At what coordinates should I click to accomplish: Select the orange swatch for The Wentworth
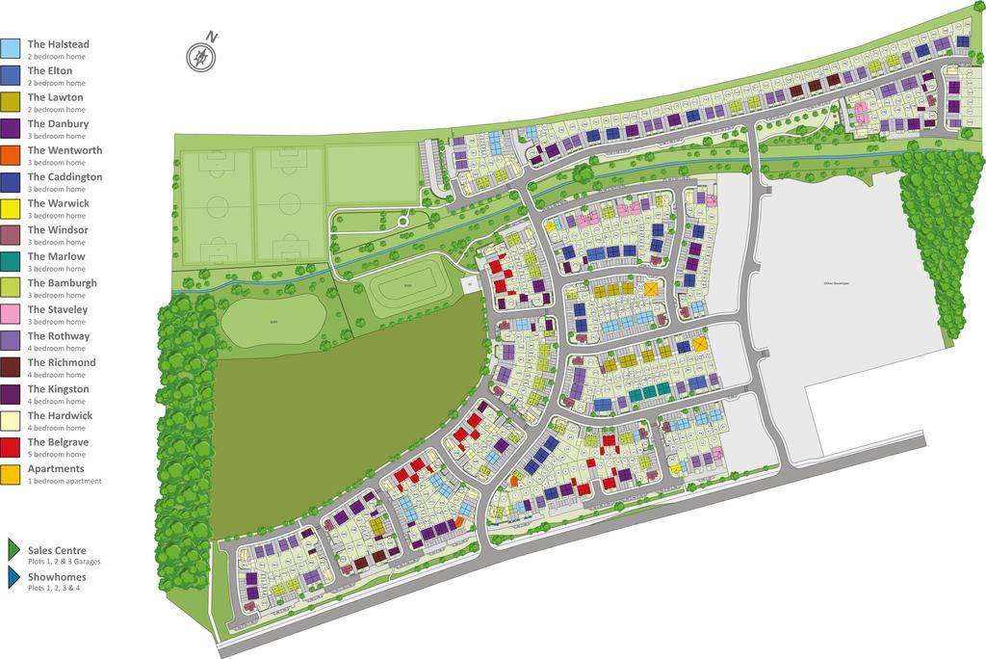click(x=11, y=154)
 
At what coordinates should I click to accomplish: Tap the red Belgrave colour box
click(x=11, y=446)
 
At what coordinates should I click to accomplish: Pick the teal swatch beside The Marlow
click(x=11, y=260)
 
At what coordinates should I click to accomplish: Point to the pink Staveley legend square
click(x=11, y=313)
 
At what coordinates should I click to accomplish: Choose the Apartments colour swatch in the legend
click(x=11, y=473)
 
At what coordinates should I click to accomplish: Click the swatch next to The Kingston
click(x=11, y=393)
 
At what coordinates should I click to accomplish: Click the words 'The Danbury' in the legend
click(x=58, y=123)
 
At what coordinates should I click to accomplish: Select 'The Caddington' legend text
click(x=65, y=177)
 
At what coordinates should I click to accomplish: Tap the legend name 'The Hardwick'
click(x=60, y=415)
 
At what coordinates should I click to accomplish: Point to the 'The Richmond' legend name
click(x=62, y=362)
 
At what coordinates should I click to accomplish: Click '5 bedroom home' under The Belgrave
click(x=57, y=455)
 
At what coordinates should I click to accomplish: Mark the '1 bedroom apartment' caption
click(x=65, y=481)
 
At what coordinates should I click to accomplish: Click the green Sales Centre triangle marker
click(x=13, y=550)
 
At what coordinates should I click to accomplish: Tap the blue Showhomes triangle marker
click(x=13, y=577)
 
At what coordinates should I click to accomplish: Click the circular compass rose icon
click(x=200, y=58)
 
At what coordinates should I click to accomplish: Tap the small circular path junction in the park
click(x=403, y=223)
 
